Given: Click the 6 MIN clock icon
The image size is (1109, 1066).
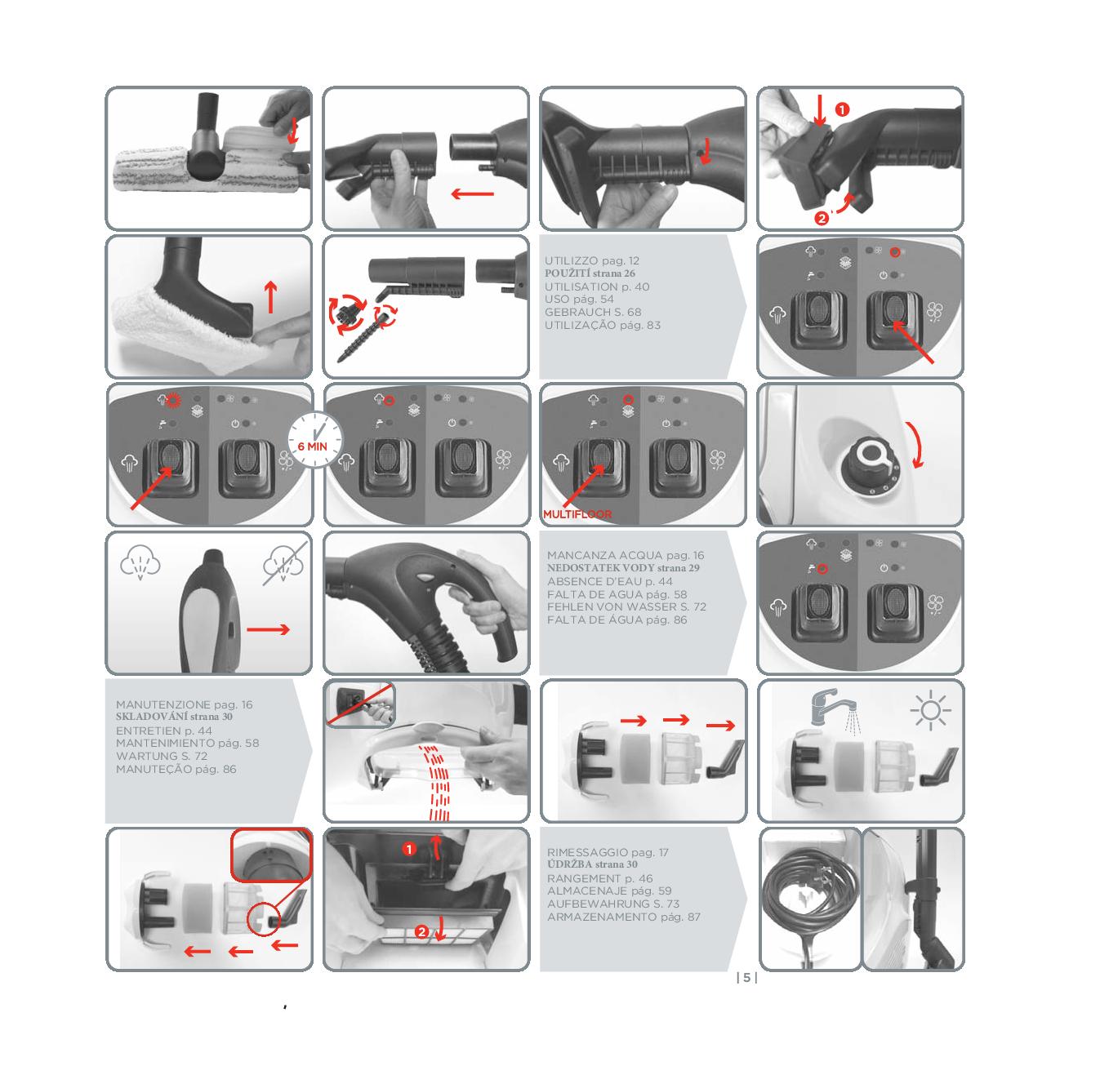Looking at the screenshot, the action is [314, 440].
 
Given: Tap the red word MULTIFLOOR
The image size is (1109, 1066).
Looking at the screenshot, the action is [577, 514].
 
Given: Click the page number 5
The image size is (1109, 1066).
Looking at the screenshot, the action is [746, 977].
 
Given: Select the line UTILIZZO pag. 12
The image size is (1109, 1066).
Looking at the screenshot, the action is [591, 260].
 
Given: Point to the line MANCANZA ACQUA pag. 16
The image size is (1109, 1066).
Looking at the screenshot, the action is [626, 555].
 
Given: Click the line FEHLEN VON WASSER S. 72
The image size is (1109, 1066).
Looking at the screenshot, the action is [626, 606].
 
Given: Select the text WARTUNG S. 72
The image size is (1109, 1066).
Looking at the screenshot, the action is [161, 756].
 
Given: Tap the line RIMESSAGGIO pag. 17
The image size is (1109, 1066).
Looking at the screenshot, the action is [608, 852].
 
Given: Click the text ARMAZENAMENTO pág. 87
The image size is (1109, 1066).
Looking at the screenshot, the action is [623, 917].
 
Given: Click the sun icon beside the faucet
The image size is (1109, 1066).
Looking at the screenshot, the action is [930, 710].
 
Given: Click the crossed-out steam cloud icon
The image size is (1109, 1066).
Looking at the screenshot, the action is [284, 563].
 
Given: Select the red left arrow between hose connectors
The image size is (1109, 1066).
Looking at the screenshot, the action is [472, 194].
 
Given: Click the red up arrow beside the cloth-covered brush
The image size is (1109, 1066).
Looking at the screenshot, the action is [271, 297].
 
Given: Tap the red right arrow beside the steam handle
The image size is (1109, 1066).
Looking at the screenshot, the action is [269, 629].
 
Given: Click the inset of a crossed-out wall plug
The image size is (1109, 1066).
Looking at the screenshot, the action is [359, 704].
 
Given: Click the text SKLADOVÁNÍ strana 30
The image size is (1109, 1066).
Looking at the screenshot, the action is [174, 717].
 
